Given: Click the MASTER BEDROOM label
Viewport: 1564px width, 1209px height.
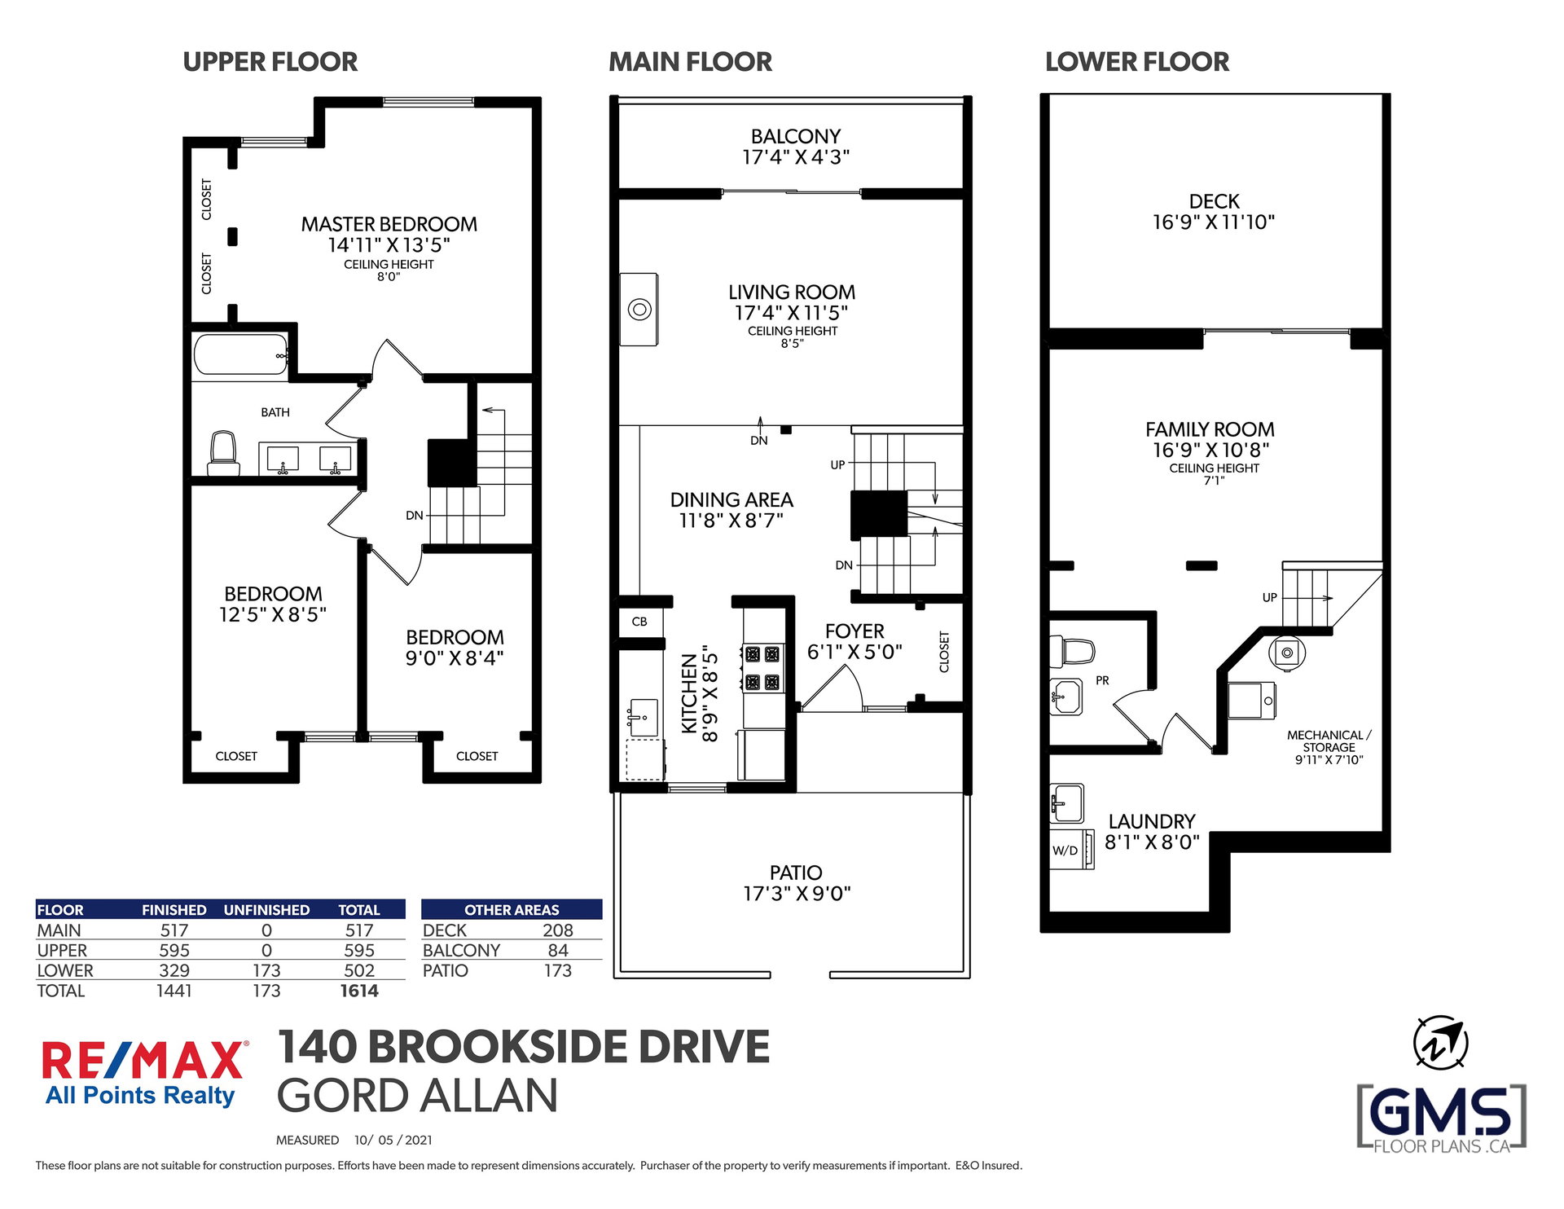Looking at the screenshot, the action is pyautogui.click(x=389, y=224).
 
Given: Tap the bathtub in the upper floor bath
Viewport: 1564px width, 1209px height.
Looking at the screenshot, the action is pyautogui.click(x=240, y=355).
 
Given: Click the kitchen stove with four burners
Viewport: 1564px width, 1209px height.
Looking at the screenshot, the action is pyautogui.click(x=763, y=667).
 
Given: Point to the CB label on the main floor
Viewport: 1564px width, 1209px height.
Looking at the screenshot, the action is pyautogui.click(x=639, y=622).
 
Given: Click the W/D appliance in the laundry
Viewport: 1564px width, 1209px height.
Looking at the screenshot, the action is pyautogui.click(x=1071, y=850).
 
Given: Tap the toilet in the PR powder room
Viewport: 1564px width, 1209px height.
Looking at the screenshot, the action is pyautogui.click(x=1074, y=651).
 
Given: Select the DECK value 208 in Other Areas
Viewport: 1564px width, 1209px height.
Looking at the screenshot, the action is pyautogui.click(x=558, y=930).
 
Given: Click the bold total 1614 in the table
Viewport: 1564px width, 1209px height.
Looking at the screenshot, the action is pyautogui.click(x=359, y=991).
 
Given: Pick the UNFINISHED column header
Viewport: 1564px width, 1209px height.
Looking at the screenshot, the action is pyautogui.click(x=266, y=910).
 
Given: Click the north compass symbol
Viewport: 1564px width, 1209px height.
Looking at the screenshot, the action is pyautogui.click(x=1440, y=1043).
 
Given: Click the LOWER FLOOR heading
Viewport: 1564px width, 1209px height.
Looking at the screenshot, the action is pyautogui.click(x=1137, y=62).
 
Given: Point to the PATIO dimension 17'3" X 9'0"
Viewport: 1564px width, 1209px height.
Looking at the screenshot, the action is pyautogui.click(x=797, y=894).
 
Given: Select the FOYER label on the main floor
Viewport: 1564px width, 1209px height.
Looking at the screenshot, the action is pyautogui.click(x=854, y=631).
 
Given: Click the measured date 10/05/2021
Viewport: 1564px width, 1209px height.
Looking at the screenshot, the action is pyautogui.click(x=393, y=1140).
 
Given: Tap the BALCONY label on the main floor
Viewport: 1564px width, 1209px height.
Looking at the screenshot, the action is pyautogui.click(x=796, y=137).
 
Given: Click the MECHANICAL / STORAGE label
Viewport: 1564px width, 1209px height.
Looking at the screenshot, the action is pyautogui.click(x=1329, y=741).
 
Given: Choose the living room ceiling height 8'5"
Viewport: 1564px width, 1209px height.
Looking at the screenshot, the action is pyautogui.click(x=793, y=344).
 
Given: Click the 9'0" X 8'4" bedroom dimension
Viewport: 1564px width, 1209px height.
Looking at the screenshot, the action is pyautogui.click(x=455, y=658).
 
